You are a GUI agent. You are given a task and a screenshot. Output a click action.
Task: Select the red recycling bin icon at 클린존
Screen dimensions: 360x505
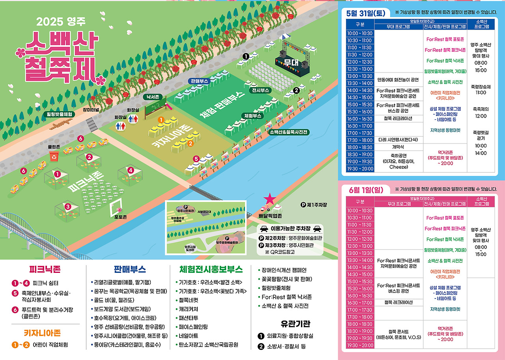(x=54, y=156)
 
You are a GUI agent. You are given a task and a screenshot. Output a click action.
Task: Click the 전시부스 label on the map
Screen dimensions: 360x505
(x=260, y=90)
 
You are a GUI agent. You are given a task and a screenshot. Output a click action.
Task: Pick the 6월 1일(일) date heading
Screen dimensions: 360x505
(x=366, y=190)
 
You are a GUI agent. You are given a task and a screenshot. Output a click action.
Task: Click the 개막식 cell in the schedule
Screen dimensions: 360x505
(x=399, y=147)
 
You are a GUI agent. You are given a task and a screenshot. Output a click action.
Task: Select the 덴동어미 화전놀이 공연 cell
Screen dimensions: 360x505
(x=399, y=80)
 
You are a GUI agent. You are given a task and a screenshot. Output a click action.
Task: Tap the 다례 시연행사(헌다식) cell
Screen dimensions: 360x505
(x=399, y=140)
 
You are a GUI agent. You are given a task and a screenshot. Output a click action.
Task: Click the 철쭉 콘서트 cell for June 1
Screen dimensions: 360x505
(x=399, y=334)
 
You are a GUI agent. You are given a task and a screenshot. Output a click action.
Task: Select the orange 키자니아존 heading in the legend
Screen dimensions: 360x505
(x=42, y=333)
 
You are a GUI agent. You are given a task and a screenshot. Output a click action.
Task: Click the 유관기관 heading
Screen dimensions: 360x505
(x=295, y=324)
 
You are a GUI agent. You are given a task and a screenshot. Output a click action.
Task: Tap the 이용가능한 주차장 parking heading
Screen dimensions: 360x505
(x=290, y=229)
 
